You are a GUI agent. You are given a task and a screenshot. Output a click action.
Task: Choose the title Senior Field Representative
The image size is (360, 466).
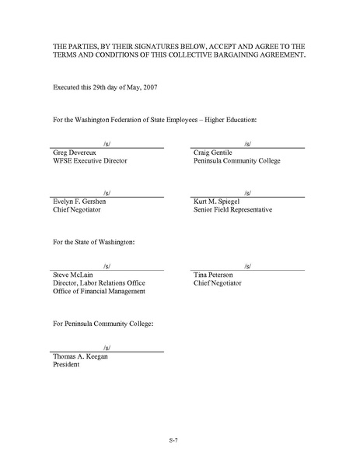(232, 209)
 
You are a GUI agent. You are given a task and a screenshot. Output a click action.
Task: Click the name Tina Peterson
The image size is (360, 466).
(218, 275)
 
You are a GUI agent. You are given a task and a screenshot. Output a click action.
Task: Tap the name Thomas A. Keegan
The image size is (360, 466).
(81, 356)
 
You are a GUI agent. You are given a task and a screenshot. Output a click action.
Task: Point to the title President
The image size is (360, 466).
(65, 364)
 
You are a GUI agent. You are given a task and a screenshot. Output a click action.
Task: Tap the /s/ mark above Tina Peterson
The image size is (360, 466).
(247, 265)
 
